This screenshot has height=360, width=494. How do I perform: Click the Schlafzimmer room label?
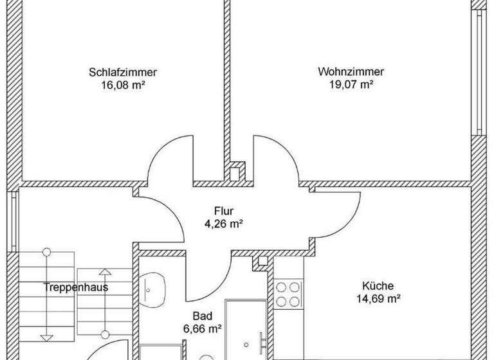click(x=122, y=72)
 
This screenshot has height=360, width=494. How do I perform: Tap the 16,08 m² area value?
click(x=122, y=84)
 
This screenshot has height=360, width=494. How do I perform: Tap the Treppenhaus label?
click(x=75, y=287)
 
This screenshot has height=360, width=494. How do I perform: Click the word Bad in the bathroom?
click(x=201, y=316)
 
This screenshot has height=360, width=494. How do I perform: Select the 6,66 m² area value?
click(x=202, y=328)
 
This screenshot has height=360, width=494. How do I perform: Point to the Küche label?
click(x=378, y=286)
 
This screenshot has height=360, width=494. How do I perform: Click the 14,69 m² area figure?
click(x=378, y=298)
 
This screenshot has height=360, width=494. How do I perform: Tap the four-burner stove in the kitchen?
click(x=288, y=294)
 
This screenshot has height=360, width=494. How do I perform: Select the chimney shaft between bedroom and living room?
click(x=237, y=171)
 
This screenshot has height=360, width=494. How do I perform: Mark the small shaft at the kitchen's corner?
click(x=262, y=260)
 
